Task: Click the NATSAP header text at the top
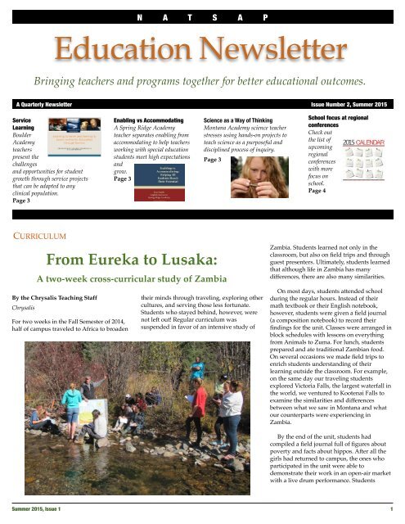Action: [x=202, y=16]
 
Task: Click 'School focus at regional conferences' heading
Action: [x=343, y=124]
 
